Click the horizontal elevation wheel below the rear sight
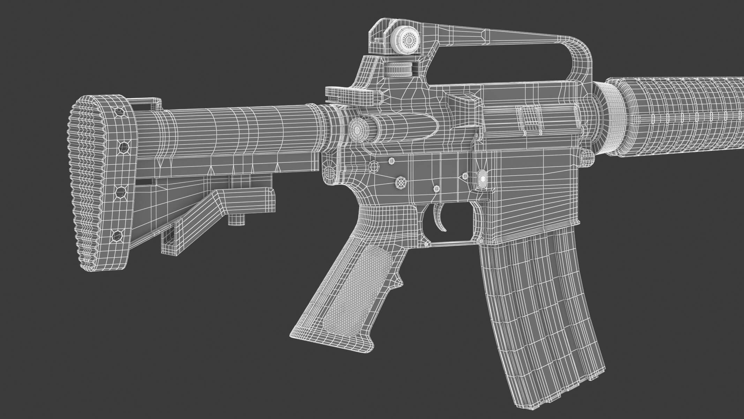[x=398, y=69]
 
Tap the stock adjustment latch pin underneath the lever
[x=237, y=220]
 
